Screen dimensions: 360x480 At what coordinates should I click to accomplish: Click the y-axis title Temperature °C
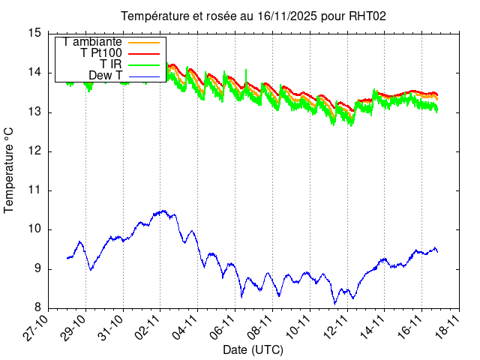click(10, 170)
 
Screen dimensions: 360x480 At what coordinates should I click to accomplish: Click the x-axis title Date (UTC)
click(253, 349)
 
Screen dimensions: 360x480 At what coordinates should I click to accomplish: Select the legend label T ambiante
click(93, 42)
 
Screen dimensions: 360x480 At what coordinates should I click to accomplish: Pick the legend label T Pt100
click(102, 53)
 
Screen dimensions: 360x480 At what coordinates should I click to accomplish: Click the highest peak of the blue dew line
click(163, 211)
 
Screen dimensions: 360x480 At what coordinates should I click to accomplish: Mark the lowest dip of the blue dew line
click(335, 303)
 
